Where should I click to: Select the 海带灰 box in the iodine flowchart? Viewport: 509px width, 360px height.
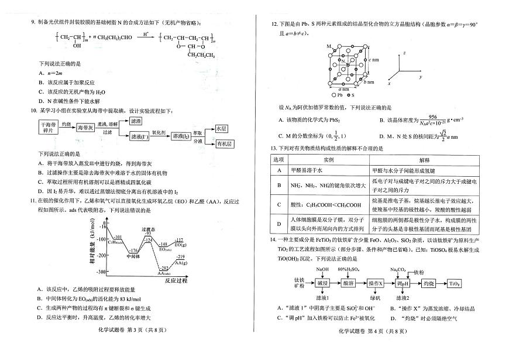87,128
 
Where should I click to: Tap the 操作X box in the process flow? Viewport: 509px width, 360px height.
375,283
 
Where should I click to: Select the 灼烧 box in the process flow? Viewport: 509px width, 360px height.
428,283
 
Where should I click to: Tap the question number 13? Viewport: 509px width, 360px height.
273,149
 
